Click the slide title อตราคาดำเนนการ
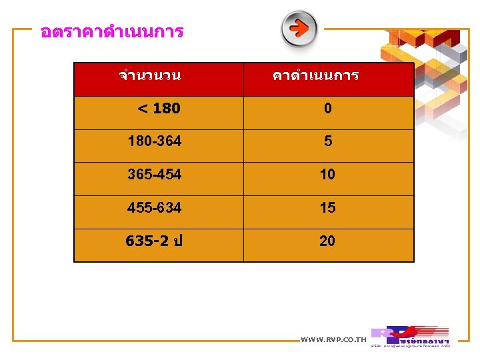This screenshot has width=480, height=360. pos(111,31)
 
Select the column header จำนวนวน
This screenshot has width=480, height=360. pos(149,75)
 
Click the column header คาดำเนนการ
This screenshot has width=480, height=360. pos(315,75)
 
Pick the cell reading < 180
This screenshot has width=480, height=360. pos(158,108)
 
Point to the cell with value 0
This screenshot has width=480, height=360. pos(327,108)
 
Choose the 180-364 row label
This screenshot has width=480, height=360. pos(155,141)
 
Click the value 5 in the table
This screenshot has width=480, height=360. pos(327,141)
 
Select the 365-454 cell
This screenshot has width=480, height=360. pos(155,175)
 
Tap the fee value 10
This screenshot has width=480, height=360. pos(327,175)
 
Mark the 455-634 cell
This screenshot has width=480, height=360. pos(155,208)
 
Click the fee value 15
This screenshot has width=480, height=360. pos(327,208)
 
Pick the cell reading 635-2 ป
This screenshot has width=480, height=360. pos(154,241)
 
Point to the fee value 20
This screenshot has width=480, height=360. pos(327,241)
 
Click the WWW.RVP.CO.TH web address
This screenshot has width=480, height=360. pos(333,340)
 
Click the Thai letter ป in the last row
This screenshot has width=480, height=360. pos(177,241)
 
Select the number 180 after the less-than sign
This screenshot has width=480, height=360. pos(167,108)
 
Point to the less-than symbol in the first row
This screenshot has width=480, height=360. pos(142,108)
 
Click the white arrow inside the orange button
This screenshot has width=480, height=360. pos(300,28)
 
